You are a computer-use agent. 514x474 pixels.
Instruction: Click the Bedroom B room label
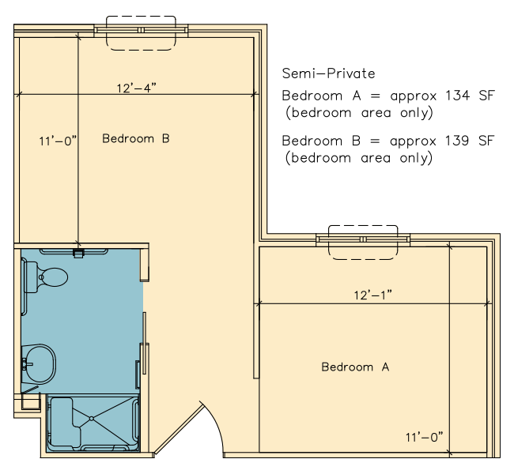(x=136, y=138)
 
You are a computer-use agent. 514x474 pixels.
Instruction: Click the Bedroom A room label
(x=355, y=367)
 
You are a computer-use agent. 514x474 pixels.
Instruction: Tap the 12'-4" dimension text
(x=136, y=88)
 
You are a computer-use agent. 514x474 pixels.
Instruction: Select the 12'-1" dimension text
(x=372, y=295)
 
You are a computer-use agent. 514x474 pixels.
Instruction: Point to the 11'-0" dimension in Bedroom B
(x=58, y=141)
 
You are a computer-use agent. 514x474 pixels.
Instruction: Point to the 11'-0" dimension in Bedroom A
(x=424, y=438)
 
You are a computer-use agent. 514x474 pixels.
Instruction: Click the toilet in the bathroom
(x=46, y=277)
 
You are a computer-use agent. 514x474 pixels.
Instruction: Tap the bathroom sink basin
(x=39, y=363)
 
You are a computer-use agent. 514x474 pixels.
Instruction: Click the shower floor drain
(x=92, y=419)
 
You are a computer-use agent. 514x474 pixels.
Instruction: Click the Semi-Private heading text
(x=328, y=73)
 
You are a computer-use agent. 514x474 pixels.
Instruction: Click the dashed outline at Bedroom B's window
(x=141, y=50)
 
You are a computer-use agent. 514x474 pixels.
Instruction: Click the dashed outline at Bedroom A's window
(x=363, y=259)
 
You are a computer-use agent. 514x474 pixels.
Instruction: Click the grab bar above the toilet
(x=74, y=251)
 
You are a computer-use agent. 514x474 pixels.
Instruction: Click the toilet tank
(x=31, y=277)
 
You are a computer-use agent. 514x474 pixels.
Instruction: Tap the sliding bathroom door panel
(x=144, y=343)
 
